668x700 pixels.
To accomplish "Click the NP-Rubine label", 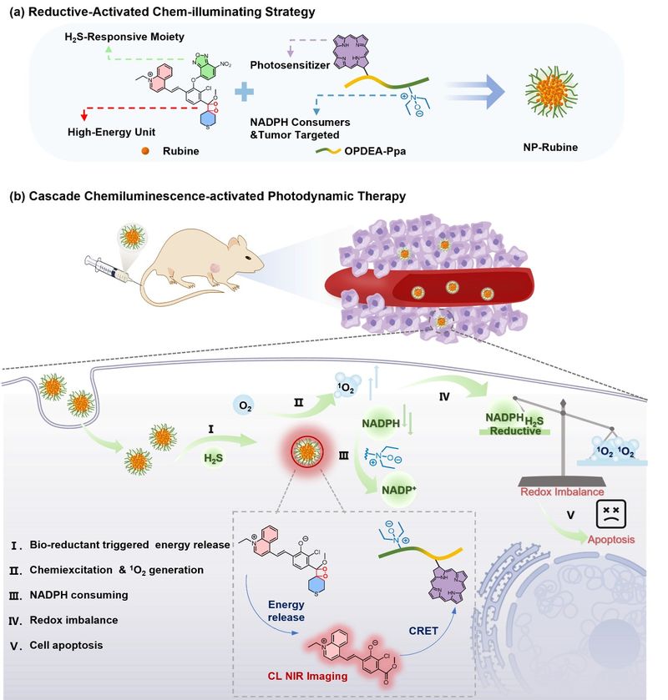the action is pyautogui.click(x=550, y=148).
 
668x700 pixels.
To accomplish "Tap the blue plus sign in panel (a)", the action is pyautogui.click(x=244, y=93).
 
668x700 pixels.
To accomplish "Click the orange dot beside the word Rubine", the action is pyautogui.click(x=144, y=151).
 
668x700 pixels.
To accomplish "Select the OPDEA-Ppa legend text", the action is pyautogui.click(x=375, y=151).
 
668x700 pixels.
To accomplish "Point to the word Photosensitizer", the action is pyautogui.click(x=290, y=65).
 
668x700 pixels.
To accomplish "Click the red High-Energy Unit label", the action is pyautogui.click(x=111, y=132).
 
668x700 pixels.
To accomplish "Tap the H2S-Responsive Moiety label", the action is pyautogui.click(x=124, y=37).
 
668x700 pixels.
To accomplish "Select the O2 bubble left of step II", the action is pyautogui.click(x=245, y=405).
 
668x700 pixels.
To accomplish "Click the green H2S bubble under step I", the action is pyautogui.click(x=213, y=458).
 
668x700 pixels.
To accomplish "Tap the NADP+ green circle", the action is pyautogui.click(x=398, y=490).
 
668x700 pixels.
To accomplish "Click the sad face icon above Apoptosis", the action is pyautogui.click(x=611, y=514).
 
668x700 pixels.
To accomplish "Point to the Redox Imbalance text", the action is pyautogui.click(x=562, y=492).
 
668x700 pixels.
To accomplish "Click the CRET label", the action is pyautogui.click(x=423, y=631).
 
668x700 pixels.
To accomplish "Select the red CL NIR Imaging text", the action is pyautogui.click(x=307, y=676).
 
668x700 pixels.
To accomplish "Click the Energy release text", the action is pyautogui.click(x=286, y=611).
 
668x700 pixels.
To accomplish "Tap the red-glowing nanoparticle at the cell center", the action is pyautogui.click(x=306, y=453).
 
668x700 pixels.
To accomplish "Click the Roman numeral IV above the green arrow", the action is pyautogui.click(x=444, y=396).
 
